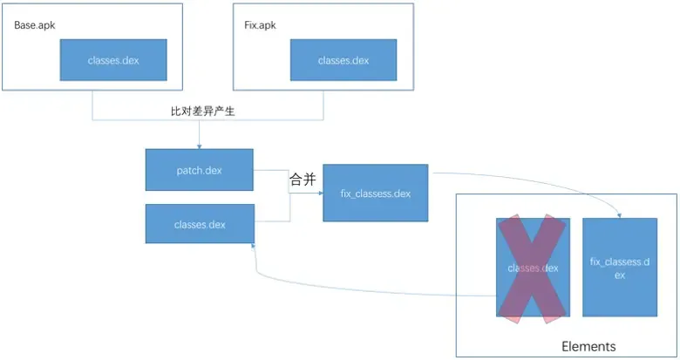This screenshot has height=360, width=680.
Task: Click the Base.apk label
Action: (x=34, y=24)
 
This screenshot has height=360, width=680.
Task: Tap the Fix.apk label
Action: (x=259, y=24)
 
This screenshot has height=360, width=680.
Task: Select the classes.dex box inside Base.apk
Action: (x=112, y=60)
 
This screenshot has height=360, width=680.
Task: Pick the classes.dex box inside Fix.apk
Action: (x=343, y=60)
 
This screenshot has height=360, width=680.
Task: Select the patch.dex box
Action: (x=200, y=170)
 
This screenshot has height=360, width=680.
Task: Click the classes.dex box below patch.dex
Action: (x=200, y=225)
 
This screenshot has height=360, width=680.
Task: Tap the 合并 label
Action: (x=302, y=180)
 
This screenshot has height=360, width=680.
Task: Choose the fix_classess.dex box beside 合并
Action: (x=375, y=194)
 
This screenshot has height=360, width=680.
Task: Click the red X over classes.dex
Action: (x=533, y=268)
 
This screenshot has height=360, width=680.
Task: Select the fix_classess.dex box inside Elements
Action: (x=620, y=267)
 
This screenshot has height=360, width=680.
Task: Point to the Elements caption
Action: (x=588, y=346)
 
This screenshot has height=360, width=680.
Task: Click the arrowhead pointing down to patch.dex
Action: (x=200, y=145)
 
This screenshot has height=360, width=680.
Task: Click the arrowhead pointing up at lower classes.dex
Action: (x=255, y=248)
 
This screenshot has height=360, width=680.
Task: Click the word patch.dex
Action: (x=200, y=170)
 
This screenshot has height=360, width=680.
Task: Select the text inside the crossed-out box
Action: (x=533, y=268)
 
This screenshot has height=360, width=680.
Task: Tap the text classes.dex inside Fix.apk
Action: (x=343, y=60)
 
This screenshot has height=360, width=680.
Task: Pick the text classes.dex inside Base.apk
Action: (x=112, y=60)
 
